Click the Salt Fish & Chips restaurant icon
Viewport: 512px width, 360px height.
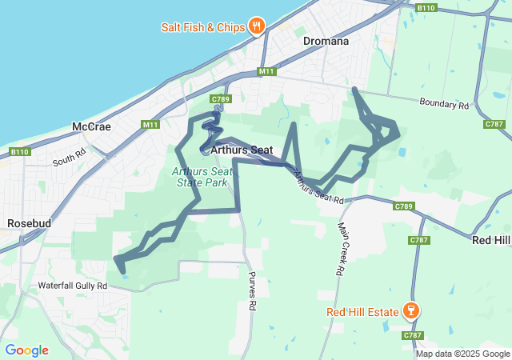coord(256,26)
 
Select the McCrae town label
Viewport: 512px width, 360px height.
coord(91,126)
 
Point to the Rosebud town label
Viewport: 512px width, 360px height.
coord(29,223)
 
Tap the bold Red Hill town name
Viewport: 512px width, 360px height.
coord(491,240)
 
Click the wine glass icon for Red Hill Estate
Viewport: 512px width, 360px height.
coord(411,310)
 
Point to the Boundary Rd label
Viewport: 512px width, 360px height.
coord(444,104)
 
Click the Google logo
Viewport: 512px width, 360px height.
coord(26,350)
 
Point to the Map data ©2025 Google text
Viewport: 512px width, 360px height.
coord(462,354)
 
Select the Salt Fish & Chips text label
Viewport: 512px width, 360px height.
coord(201,26)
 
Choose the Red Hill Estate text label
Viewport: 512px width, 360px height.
coord(361,310)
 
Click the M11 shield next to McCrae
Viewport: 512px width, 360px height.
coord(150,125)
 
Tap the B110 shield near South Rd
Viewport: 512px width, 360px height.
coord(19,151)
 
